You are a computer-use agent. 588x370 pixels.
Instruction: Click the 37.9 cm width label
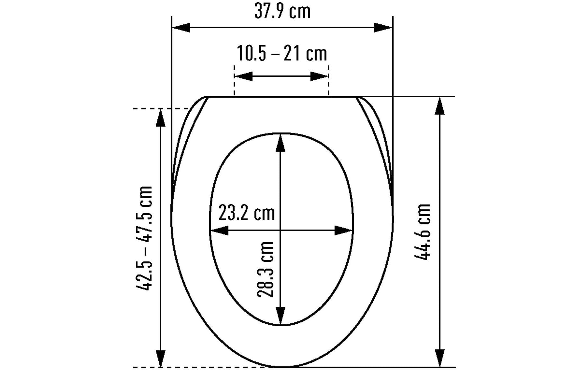coord(282,12)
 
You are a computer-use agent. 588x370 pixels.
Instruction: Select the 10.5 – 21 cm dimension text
coord(282,53)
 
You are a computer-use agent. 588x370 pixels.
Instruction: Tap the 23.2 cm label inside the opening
coord(246,213)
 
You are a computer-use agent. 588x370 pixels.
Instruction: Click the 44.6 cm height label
coord(422,232)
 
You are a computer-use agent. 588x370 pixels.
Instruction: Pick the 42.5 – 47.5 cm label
coord(144,238)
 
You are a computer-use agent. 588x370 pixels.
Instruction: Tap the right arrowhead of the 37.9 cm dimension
coord(383,28)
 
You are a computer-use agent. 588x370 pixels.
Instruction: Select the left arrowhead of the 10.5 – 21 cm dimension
coord(244,76)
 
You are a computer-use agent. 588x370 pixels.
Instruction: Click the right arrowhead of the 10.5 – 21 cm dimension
coord(319,76)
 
